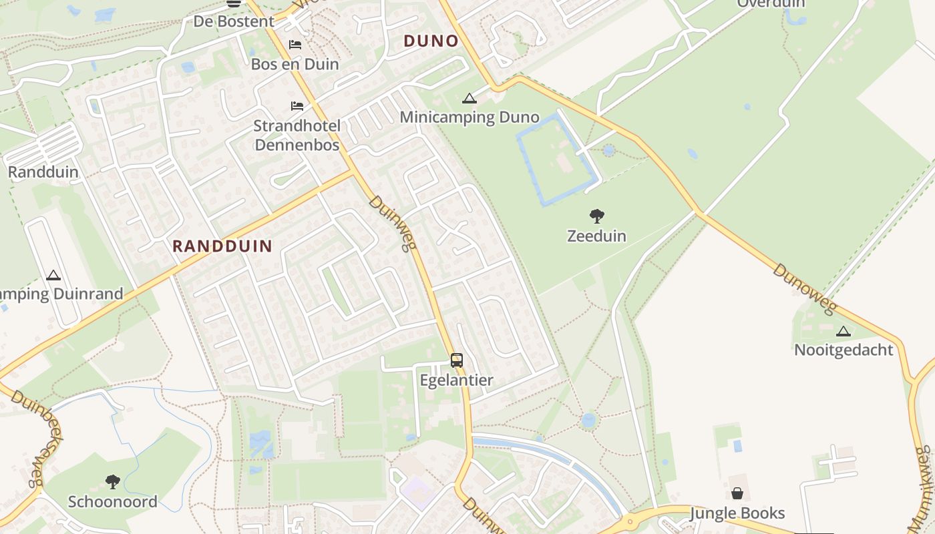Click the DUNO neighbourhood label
click(431, 41)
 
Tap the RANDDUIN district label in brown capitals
click(222, 246)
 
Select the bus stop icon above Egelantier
click(457, 360)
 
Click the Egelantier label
click(456, 380)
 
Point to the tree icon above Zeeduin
click(597, 216)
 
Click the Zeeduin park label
click(596, 236)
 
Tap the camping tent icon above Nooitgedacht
click(844, 331)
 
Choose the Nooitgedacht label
click(844, 350)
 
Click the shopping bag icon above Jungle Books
click(737, 493)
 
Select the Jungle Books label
click(737, 513)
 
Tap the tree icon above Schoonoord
click(112, 481)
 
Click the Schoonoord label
click(113, 501)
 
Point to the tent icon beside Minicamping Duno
click(470, 99)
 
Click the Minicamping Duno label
click(469, 117)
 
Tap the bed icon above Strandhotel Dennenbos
click(297, 106)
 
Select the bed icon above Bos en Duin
click(295, 45)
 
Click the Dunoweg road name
click(805, 289)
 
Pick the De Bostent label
click(234, 21)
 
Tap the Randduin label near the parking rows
click(43, 172)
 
